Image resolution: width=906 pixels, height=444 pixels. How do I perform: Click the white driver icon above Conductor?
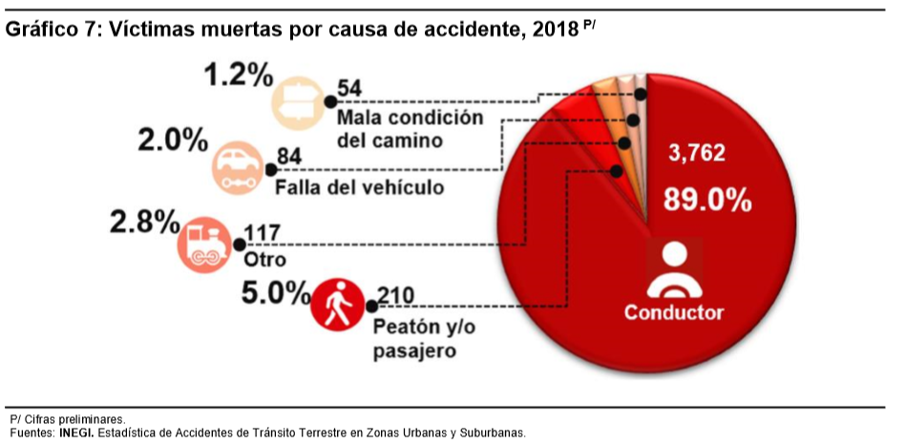674,269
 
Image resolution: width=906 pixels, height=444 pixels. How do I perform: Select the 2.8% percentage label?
144,222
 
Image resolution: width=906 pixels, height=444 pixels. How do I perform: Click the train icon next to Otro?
203,245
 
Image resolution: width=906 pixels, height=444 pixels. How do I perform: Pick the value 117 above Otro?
263,233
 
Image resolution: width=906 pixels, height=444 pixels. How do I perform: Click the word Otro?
265,260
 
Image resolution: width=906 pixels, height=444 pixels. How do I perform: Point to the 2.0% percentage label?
173,140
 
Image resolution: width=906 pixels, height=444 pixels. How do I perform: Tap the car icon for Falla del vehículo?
238,166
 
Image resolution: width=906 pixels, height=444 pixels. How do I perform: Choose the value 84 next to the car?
287,156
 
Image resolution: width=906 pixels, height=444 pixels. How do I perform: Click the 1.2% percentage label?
238,75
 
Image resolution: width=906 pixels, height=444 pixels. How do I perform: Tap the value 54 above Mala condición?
350,90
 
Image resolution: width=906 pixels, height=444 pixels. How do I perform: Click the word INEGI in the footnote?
77,433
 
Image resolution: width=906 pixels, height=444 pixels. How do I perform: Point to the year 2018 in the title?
552,29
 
